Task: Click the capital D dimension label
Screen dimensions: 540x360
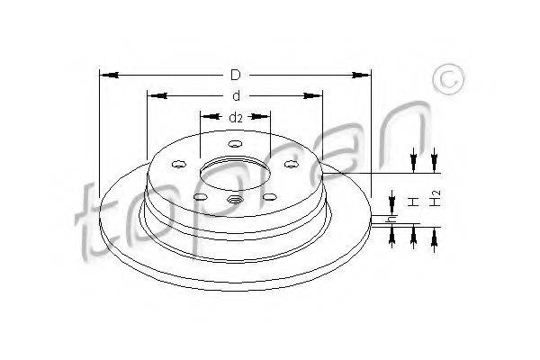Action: click(x=236, y=75)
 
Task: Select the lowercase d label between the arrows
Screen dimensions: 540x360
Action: click(x=236, y=95)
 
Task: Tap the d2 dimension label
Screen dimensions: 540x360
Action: click(x=236, y=118)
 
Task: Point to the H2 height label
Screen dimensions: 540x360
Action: click(x=436, y=198)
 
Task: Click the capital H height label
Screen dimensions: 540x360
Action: click(x=413, y=202)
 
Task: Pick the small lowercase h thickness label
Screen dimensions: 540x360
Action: click(x=391, y=219)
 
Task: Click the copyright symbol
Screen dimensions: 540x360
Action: click(x=448, y=79)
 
